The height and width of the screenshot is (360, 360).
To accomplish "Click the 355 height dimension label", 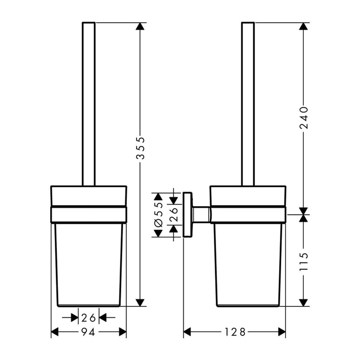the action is pyautogui.click(x=141, y=148).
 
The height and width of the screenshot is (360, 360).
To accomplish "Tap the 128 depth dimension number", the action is pyautogui.click(x=235, y=332).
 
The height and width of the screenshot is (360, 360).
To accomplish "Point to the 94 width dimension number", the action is pyautogui.click(x=89, y=332).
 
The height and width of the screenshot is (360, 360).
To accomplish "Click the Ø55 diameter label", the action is pyautogui.click(x=158, y=214).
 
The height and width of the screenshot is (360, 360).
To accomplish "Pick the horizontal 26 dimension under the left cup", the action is pyautogui.click(x=89, y=318).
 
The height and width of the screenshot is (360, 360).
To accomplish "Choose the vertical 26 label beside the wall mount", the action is pyautogui.click(x=174, y=214).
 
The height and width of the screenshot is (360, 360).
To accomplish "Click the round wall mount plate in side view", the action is pyautogui.click(x=188, y=214).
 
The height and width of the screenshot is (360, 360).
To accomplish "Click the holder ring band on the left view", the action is pyautogui.click(x=89, y=214).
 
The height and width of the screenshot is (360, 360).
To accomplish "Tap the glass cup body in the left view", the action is pyautogui.click(x=89, y=264).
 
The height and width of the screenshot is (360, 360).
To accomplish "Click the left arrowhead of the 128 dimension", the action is pyautogui.click(x=188, y=332).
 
